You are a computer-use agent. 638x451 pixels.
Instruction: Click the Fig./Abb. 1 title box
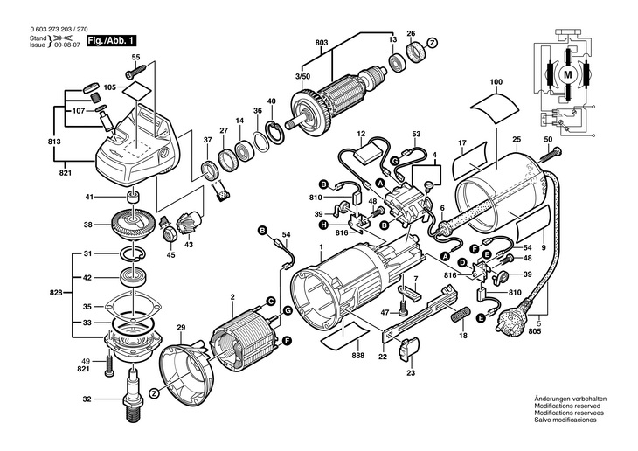pos(111,41)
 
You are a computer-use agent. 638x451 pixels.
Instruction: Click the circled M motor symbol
pos(567,74)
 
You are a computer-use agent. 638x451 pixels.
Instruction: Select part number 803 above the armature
pos(321,42)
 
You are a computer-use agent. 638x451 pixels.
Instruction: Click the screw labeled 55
pos(135,72)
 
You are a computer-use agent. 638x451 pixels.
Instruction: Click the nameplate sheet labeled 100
pos(495,108)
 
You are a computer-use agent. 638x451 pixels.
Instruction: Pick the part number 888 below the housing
pos(358,356)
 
